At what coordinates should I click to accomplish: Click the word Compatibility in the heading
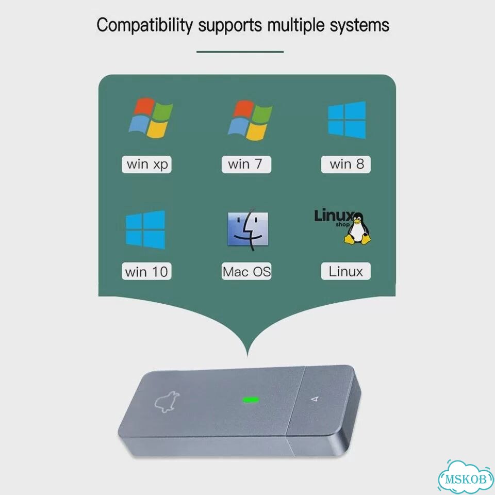[x=144, y=25]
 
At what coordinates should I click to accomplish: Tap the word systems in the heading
[x=359, y=25]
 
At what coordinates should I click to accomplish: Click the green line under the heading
[x=240, y=52]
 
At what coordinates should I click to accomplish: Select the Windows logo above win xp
[x=151, y=118]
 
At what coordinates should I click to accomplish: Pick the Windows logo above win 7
[x=251, y=120]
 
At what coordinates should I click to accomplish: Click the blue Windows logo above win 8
[x=346, y=120]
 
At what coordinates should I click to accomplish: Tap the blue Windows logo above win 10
[x=145, y=230]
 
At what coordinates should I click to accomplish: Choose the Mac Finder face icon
[x=248, y=229]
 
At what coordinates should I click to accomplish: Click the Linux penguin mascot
[x=358, y=228]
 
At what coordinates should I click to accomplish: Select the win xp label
[x=146, y=164]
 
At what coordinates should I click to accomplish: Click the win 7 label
[x=246, y=164]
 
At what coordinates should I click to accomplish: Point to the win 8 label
[x=345, y=164]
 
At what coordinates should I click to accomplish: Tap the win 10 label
[x=146, y=271]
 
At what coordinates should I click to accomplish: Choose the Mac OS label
[x=246, y=271]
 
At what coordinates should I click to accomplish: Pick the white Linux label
[x=345, y=271]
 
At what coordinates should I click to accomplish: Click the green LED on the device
[x=251, y=400]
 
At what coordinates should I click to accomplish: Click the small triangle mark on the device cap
[x=315, y=399]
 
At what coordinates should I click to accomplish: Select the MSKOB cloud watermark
[x=466, y=477]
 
